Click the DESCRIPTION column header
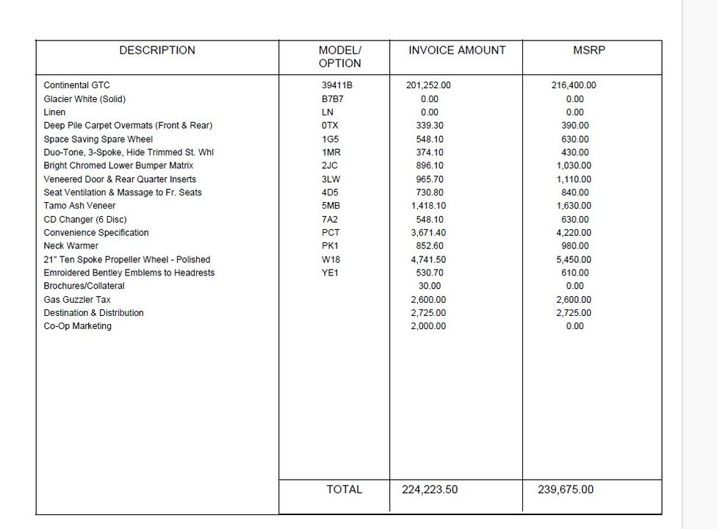click(x=157, y=51)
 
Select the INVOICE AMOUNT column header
click(x=457, y=51)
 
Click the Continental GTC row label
click(x=76, y=85)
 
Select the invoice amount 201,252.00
click(x=428, y=85)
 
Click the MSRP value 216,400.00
click(x=574, y=85)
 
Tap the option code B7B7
click(x=333, y=99)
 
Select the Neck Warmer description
click(x=71, y=246)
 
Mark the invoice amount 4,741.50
click(x=428, y=259)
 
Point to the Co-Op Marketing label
click(x=78, y=326)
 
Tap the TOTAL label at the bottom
click(x=344, y=489)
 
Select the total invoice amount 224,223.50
click(x=430, y=489)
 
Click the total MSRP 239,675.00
click(x=566, y=489)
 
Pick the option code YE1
click(x=331, y=273)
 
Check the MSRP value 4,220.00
click(x=574, y=233)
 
